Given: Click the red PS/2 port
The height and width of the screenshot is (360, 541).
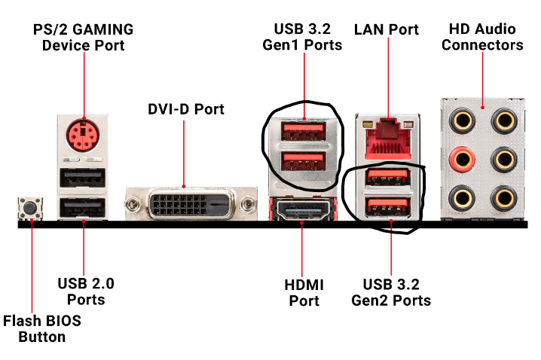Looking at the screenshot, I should (x=84, y=136).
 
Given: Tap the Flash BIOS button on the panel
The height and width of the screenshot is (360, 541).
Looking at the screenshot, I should (x=31, y=207).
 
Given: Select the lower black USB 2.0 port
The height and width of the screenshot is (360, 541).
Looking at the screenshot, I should (x=84, y=206).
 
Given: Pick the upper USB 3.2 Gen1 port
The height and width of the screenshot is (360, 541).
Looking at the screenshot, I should (x=304, y=130).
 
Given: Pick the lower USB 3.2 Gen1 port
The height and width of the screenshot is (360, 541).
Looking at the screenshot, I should (x=304, y=162).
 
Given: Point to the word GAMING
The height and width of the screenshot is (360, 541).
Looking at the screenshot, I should (x=103, y=30).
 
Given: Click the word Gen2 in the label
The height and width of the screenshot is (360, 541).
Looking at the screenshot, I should (x=411, y=301).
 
